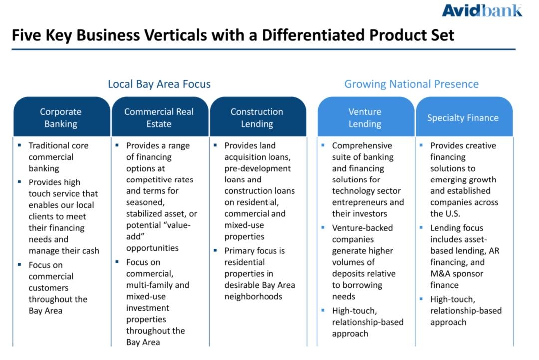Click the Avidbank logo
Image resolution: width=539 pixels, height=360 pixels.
coord(482,10)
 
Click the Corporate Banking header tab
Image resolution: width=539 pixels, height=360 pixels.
coord(62,117)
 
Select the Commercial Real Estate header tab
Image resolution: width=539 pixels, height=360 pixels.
coord(160,117)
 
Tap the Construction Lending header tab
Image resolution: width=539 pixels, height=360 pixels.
coord(258,117)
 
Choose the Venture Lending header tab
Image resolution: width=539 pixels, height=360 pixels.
coord(366,117)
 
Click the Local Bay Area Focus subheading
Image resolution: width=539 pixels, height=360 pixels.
coord(159,84)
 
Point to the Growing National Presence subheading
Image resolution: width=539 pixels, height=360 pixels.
coord(411,84)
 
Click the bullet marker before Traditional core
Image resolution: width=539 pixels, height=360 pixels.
coord(19,145)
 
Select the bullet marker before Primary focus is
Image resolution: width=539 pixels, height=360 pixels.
coord(215,250)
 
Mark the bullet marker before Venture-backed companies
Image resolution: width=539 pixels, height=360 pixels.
coord(323,228)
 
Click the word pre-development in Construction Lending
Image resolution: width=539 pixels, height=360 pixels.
coord(258,169)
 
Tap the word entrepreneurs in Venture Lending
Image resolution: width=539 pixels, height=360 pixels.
coord(359,202)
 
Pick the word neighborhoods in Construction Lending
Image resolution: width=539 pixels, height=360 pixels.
coord(254,297)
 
